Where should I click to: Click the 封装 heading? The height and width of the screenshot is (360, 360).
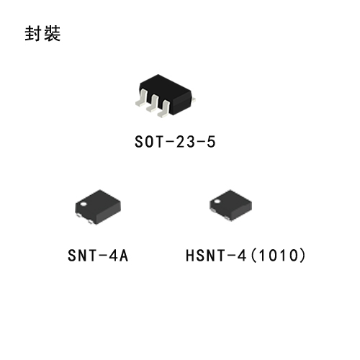(x=42, y=34)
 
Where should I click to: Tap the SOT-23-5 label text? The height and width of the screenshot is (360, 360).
(x=175, y=142)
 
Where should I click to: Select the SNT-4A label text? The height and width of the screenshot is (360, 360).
(x=98, y=256)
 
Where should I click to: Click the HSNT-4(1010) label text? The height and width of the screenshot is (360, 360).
(x=246, y=256)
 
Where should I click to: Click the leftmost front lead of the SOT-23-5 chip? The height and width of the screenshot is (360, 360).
(x=142, y=99)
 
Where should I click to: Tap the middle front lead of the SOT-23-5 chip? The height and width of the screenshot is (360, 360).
(x=153, y=104)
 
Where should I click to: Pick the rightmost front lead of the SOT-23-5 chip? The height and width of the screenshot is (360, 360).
(x=164, y=109)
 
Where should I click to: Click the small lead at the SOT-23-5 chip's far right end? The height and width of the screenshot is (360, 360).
(x=194, y=99)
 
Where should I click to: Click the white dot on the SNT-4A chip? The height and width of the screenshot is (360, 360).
(x=84, y=204)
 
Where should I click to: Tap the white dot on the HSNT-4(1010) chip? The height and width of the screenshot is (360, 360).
(x=217, y=201)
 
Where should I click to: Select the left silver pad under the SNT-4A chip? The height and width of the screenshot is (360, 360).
(x=78, y=215)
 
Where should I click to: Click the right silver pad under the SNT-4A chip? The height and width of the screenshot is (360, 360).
(x=90, y=222)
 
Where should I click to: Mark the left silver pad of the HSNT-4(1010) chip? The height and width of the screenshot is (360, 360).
(x=212, y=210)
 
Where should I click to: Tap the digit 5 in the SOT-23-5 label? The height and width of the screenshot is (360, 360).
(x=211, y=142)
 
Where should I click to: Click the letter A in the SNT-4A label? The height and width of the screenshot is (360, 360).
(x=124, y=256)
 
